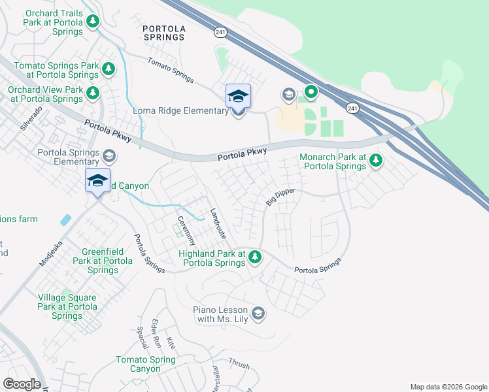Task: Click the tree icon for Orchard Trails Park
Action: coord(93,22)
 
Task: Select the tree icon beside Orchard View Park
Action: coord(93,93)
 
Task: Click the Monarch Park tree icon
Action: coord(375,160)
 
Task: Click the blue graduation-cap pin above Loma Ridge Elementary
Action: coord(238,97)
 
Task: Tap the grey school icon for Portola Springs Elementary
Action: coord(109,156)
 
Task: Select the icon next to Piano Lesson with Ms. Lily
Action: coord(258,314)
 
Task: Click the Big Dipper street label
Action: coord(280,197)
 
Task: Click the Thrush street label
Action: coord(239,365)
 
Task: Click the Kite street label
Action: coord(171,344)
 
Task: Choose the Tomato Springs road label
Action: coord(171,70)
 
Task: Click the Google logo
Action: coord(22,384)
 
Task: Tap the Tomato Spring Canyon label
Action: coord(146,364)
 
